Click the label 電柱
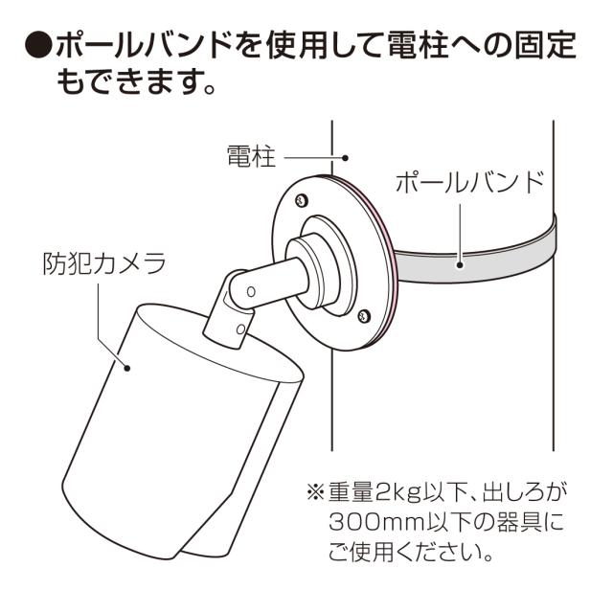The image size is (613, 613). [251, 156]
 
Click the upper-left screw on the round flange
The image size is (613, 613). [302, 200]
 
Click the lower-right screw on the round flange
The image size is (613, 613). [362, 314]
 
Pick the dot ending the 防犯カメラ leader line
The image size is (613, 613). [127, 364]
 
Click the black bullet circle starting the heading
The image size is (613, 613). [38, 44]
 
